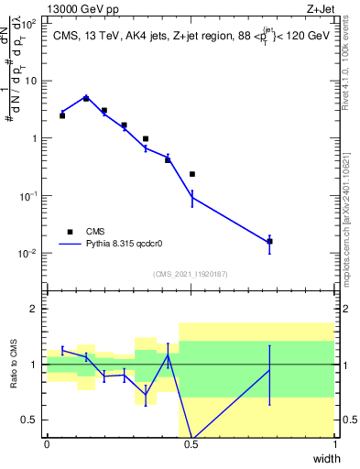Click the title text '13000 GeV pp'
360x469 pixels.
(80, 8)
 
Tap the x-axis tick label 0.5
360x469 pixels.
(191, 443)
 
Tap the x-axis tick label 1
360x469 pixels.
(334, 443)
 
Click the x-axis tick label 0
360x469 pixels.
(47, 443)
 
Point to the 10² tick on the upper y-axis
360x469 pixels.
(30, 24)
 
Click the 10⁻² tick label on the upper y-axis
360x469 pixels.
(30, 254)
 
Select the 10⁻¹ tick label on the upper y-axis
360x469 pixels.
(30, 196)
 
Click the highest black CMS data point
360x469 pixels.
(86, 98)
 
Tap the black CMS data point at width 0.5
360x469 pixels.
(192, 174)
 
